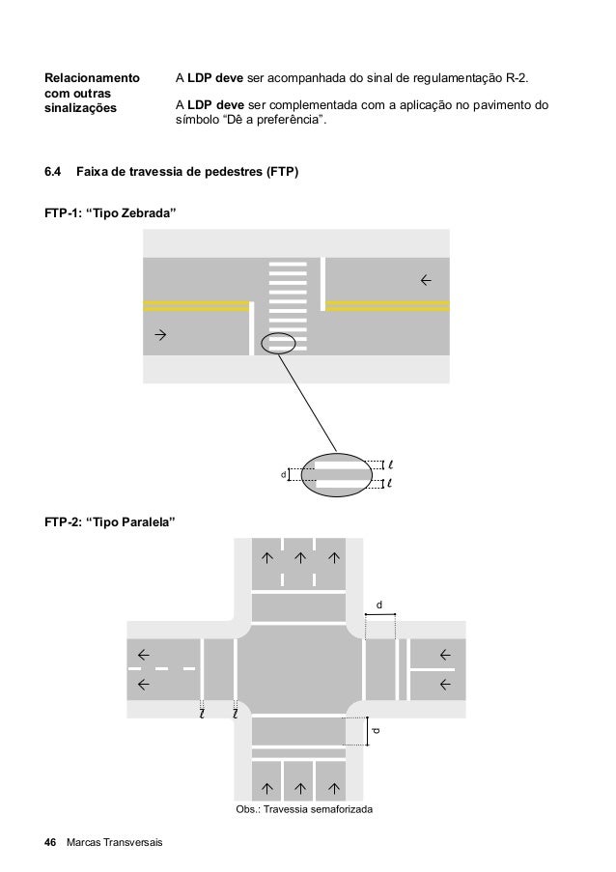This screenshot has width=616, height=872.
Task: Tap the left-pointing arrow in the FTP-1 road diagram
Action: (x=425, y=280)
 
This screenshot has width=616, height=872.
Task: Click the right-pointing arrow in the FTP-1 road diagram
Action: (x=160, y=335)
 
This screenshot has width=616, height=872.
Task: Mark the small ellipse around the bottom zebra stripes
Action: (x=279, y=343)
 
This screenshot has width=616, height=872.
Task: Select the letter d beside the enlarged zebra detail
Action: (x=283, y=474)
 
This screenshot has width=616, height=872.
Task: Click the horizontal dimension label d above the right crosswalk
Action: (x=379, y=605)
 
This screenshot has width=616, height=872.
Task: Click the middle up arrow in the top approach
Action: (x=299, y=556)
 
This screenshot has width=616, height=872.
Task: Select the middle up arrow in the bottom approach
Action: (x=299, y=782)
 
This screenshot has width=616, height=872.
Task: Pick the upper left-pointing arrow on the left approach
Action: (x=144, y=653)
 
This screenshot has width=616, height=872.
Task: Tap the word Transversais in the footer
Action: (x=128, y=844)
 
